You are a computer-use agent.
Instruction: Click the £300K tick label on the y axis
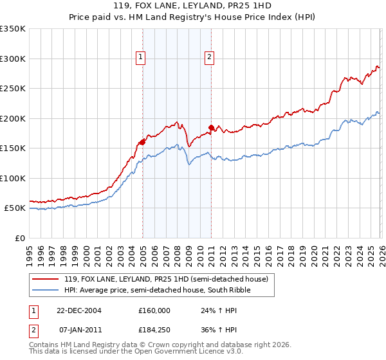pos(12,59)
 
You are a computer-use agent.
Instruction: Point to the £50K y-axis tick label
pos(14,208)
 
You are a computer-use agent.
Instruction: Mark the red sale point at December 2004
pos(142,142)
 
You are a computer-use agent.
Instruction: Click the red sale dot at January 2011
pos(211,127)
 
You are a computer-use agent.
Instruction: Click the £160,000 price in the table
pos(154,310)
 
